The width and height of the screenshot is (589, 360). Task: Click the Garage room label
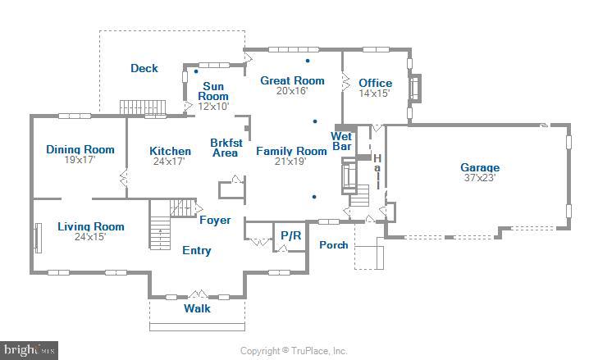pos(480,167)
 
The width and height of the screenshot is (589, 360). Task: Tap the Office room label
pos(376,83)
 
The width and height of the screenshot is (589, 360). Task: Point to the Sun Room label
pos(213,91)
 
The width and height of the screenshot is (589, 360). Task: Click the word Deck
pos(144,68)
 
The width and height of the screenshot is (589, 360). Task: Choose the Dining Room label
pos(80,149)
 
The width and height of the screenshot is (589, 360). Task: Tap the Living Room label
pos(91,226)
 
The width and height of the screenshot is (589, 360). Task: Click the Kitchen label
pos(171,151)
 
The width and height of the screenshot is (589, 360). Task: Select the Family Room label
pos(291,151)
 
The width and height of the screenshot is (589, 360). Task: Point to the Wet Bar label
pos(341,141)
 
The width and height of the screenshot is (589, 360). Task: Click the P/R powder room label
pos(291,235)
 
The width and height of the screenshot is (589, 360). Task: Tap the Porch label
pos(333,244)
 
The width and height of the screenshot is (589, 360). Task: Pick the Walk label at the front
pos(197,308)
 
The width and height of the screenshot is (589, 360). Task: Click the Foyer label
pos(215,220)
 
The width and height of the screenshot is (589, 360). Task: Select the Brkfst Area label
pos(224,147)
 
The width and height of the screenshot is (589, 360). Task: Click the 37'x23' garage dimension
pos(480,178)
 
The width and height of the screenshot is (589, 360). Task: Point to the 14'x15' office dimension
pos(375,93)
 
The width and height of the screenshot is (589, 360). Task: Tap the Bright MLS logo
pos(30,349)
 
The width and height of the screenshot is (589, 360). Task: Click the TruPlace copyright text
pos(294,351)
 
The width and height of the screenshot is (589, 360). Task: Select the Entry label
pos(196,250)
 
